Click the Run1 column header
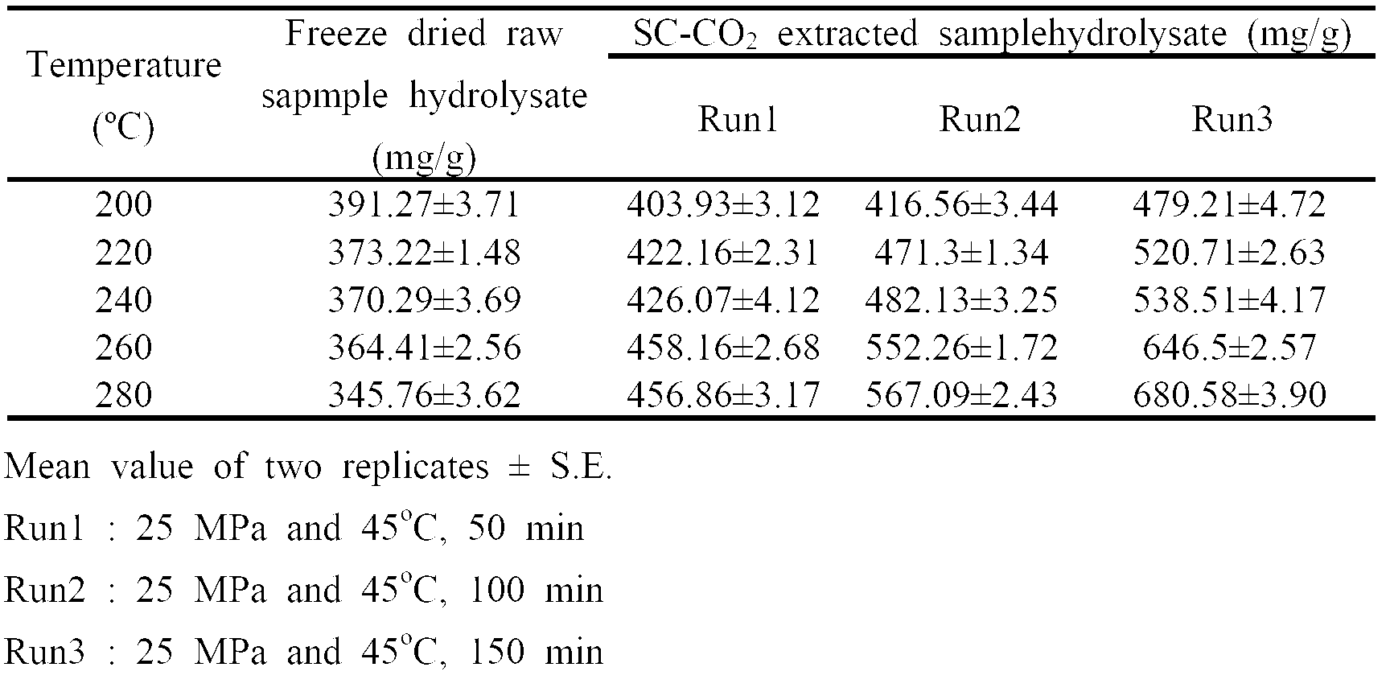738,120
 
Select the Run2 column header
980,120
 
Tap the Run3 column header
1232,120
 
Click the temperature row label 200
123,205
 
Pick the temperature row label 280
123,395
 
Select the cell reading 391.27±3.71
424,205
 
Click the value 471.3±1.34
961,253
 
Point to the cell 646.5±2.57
1229,348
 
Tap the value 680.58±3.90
1229,395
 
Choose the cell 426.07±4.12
722,300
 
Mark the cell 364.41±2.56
424,348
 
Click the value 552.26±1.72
961,348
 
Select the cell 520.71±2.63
1229,253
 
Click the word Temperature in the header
124,66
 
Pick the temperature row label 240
123,300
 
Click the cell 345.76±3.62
424,395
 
